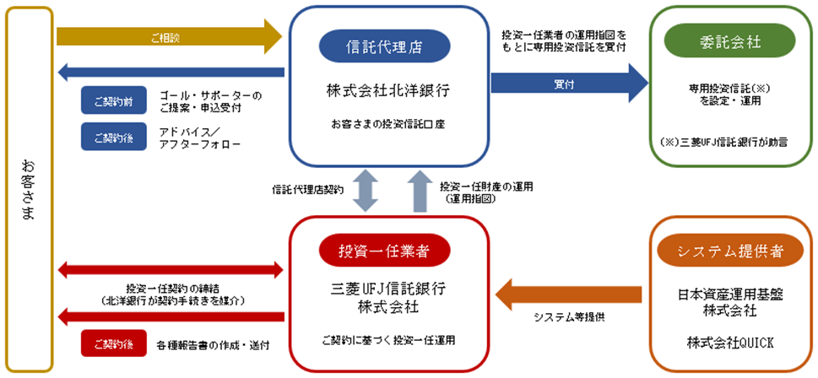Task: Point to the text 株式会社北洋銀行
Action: (382, 89)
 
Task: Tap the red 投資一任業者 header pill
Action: (382, 251)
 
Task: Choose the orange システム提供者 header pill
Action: (730, 251)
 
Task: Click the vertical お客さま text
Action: (27, 190)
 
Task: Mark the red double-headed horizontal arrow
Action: (169, 270)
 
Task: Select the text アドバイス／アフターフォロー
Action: (199, 138)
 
